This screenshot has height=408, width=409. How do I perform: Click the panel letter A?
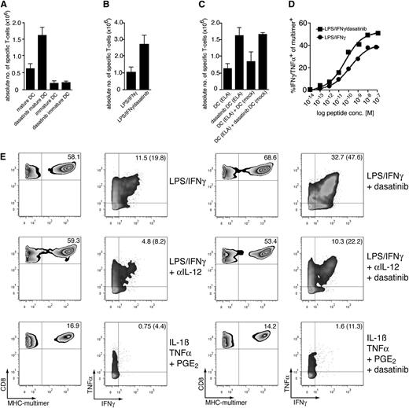(6, 6)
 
